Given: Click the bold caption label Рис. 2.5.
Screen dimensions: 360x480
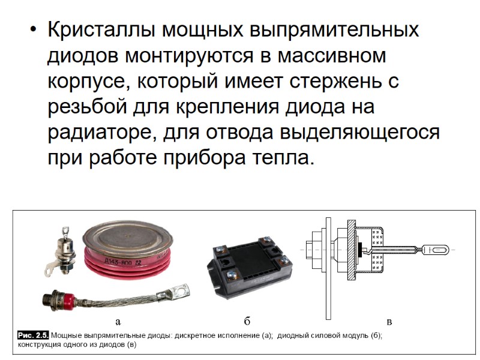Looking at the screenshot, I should (34, 335).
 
